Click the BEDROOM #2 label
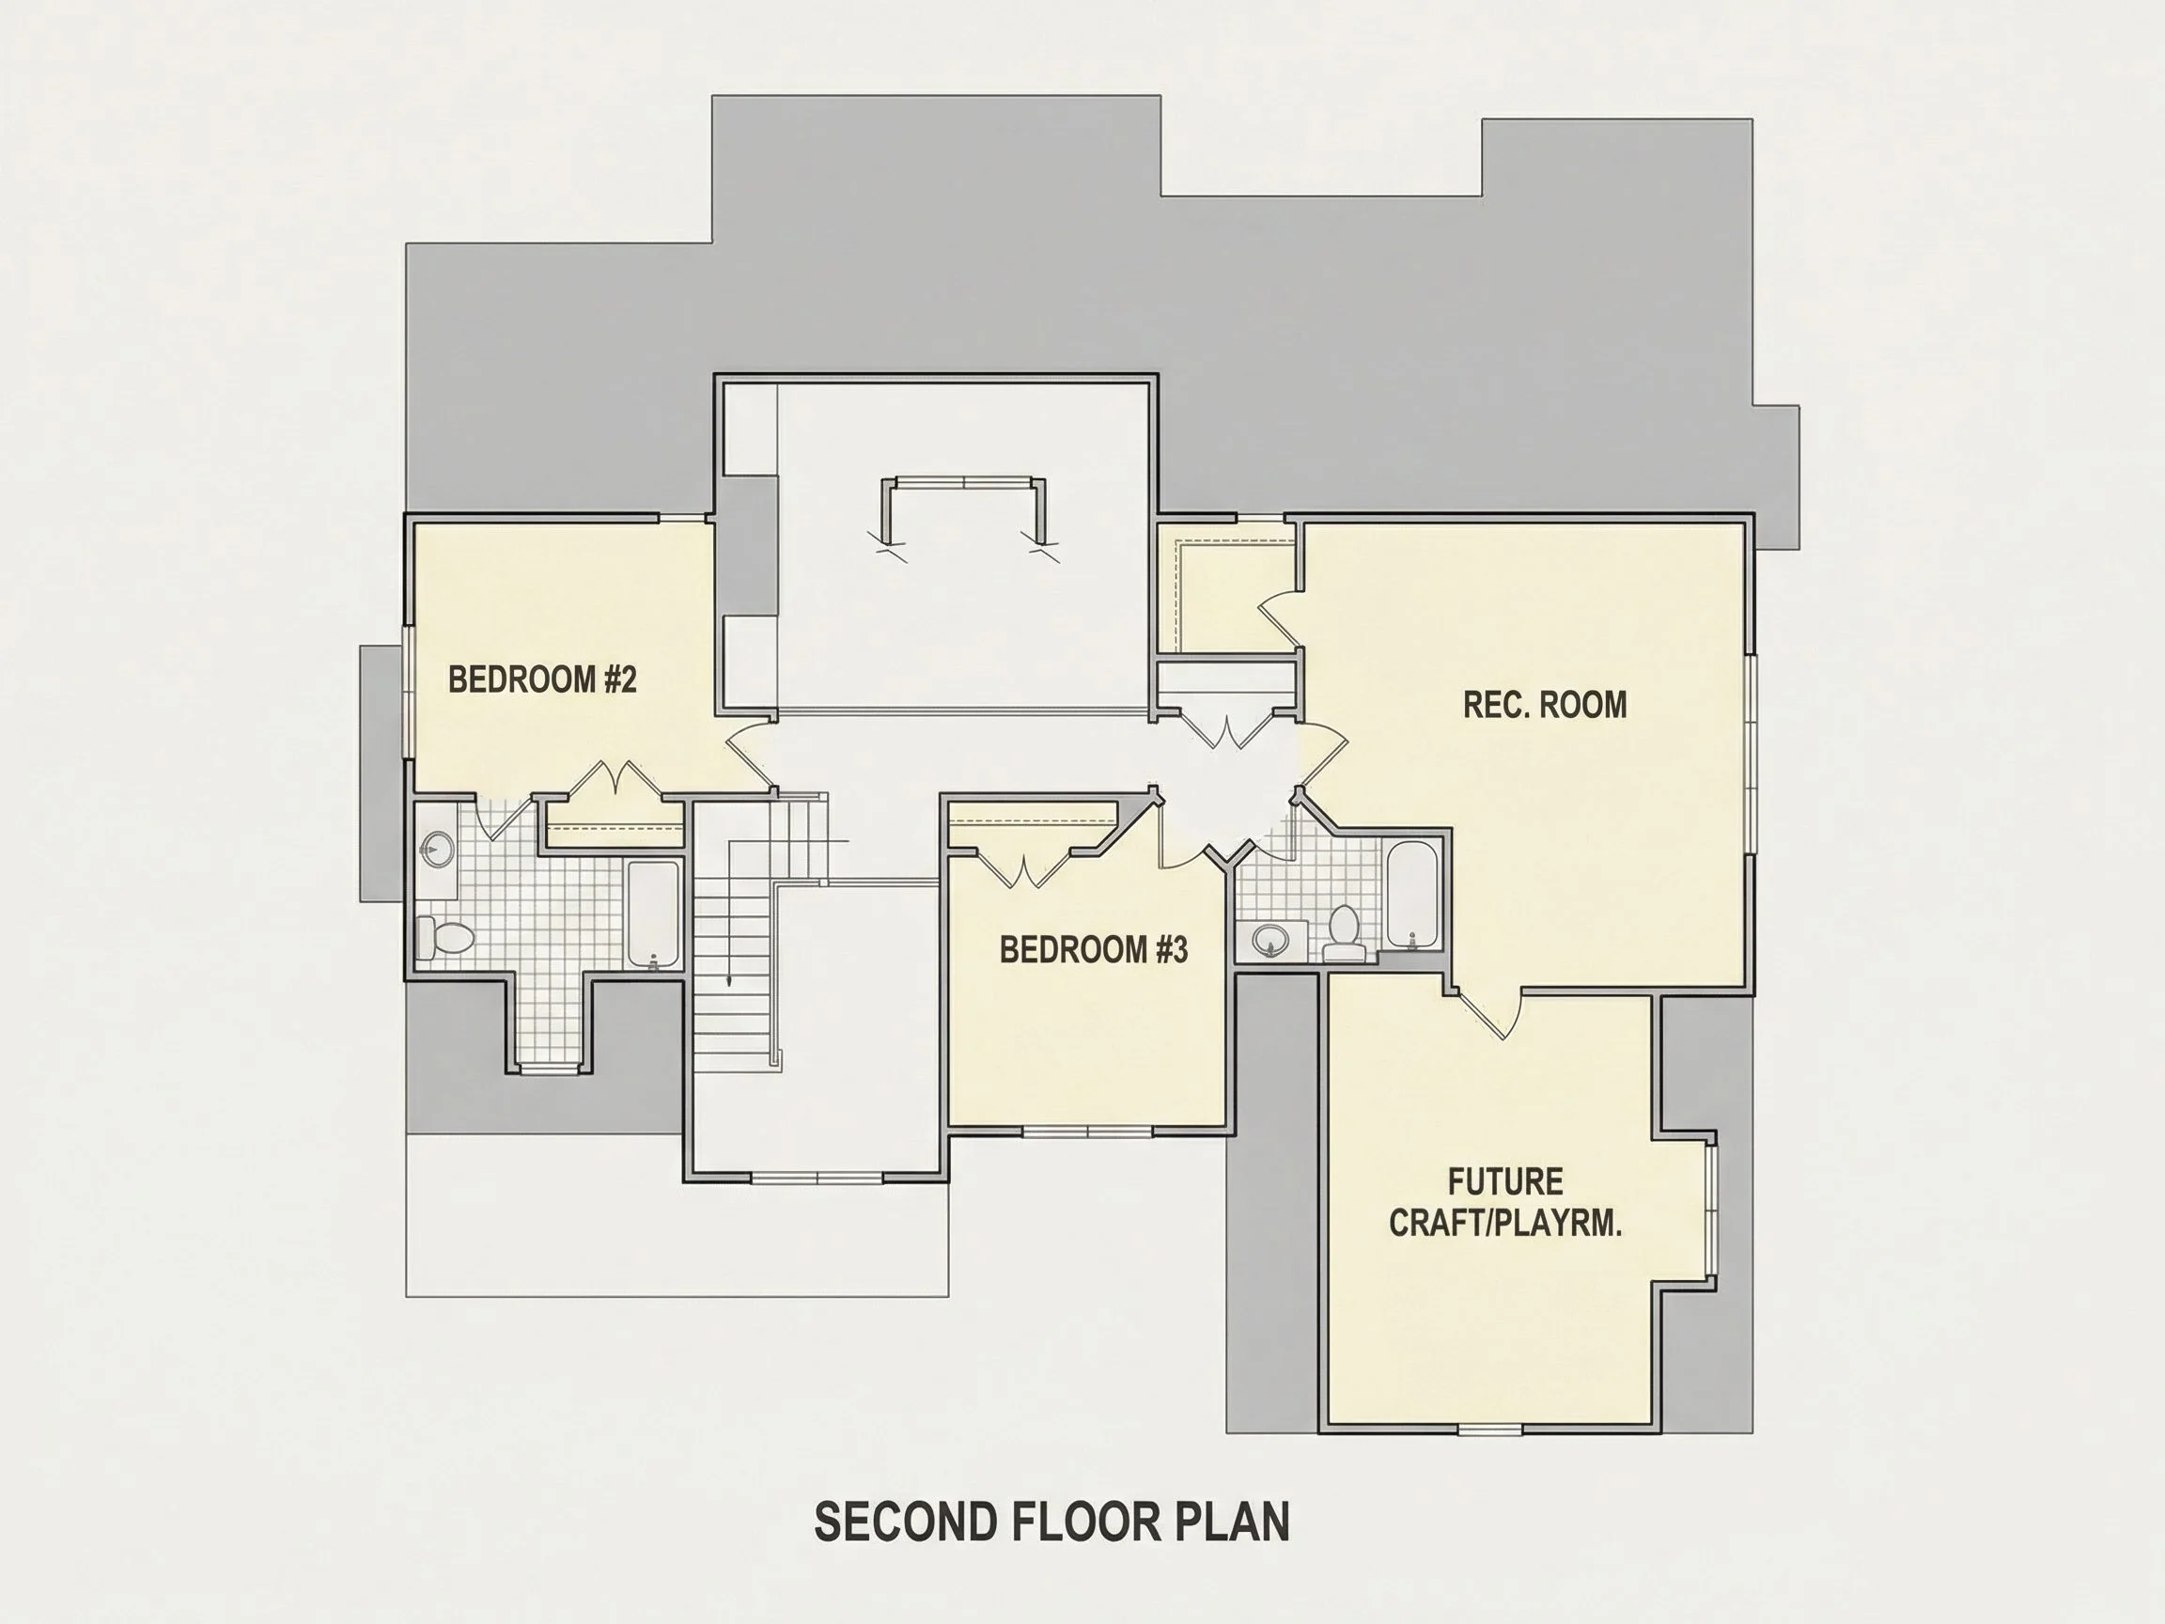[x=542, y=679]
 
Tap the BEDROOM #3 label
[x=1093, y=948]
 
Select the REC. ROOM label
[x=1545, y=704]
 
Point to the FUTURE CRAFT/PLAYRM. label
[x=1505, y=1202]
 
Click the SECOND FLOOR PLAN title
[x=1052, y=1522]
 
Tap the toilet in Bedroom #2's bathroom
[x=445, y=937]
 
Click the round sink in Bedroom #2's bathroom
[x=438, y=849]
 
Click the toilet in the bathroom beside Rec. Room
[x=1344, y=933]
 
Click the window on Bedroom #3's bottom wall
[x=1087, y=1132]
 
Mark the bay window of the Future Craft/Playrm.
[x=1711, y=1210]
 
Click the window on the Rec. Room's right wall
[x=1749, y=754]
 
